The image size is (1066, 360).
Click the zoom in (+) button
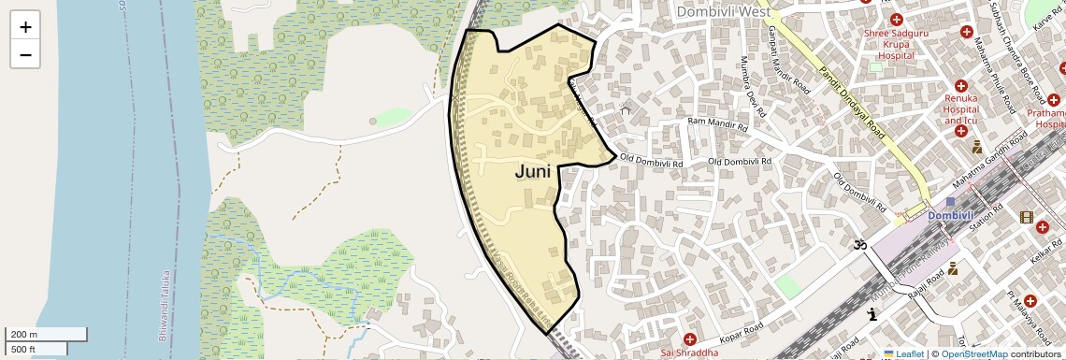(25, 27)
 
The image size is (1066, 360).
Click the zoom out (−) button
(25, 54)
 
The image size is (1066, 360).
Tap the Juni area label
(533, 172)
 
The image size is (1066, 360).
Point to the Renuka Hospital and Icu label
(960, 108)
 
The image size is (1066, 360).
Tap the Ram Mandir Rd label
(718, 123)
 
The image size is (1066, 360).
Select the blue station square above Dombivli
(950, 202)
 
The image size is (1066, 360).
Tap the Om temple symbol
(859, 245)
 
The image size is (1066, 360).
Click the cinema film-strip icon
(1028, 218)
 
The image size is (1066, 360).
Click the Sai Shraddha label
(689, 353)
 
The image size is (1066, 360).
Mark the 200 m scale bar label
(23, 334)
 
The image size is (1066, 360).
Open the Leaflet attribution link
(902, 353)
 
